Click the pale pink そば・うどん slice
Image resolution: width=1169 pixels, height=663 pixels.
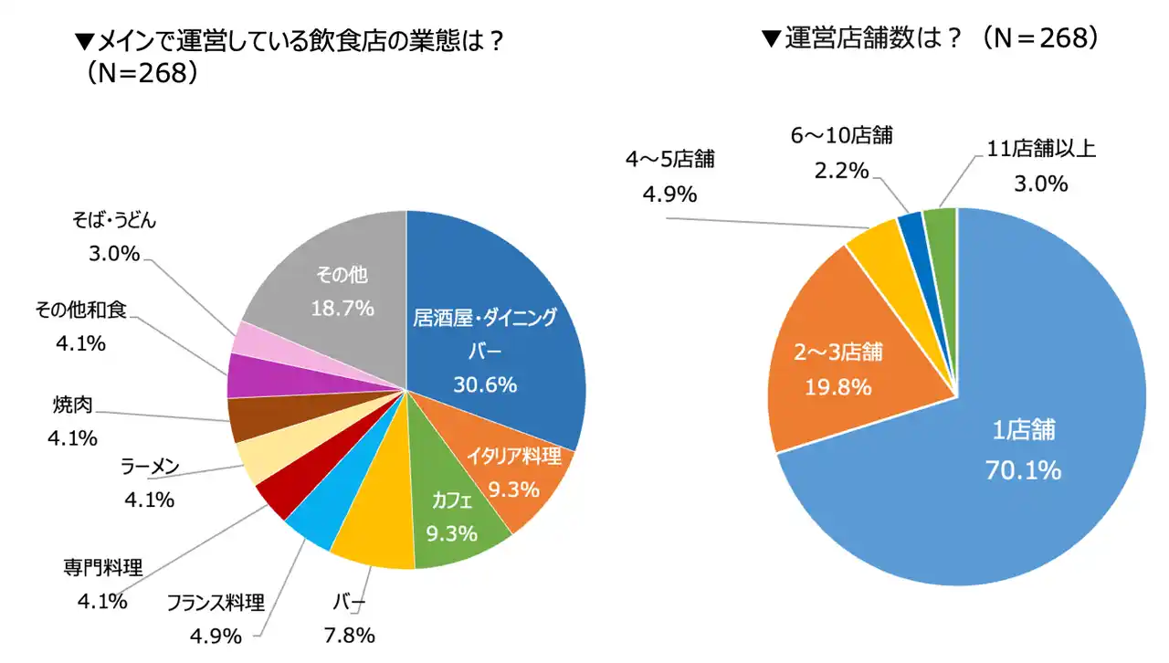(247, 341)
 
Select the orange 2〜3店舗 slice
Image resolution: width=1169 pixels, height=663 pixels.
(831, 365)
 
